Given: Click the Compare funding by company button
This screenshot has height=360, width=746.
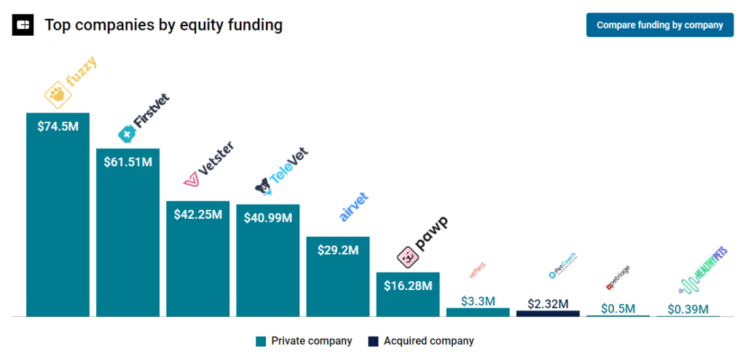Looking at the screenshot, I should tap(659, 25).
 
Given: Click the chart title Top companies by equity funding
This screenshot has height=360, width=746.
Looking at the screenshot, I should tap(163, 25).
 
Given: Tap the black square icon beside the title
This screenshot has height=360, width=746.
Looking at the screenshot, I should tap(23, 25).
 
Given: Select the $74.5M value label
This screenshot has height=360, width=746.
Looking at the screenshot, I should tap(58, 126).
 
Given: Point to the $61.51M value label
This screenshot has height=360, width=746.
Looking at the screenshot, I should tap(127, 162).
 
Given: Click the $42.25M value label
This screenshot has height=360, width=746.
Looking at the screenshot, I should tap(197, 214).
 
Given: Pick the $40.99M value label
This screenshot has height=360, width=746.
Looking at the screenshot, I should tap(267, 217).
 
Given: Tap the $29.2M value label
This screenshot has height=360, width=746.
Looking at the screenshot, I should tap(337, 250).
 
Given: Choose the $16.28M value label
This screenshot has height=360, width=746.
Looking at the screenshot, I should tap(407, 285).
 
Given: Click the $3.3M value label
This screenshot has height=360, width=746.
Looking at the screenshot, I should tap(478, 300).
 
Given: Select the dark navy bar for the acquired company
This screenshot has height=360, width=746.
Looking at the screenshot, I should tap(548, 313).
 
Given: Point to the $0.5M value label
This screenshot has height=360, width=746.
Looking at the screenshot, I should tap(618, 308).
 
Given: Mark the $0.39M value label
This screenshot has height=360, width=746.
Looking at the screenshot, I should tap(688, 309).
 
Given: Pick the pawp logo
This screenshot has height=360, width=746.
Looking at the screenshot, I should tap(422, 242).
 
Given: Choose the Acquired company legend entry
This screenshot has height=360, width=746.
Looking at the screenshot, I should tap(420, 341).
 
